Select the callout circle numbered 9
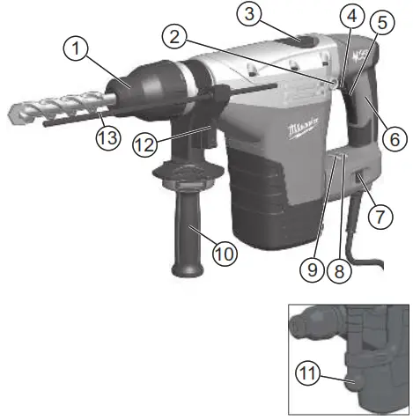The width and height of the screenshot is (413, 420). (x=310, y=270)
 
